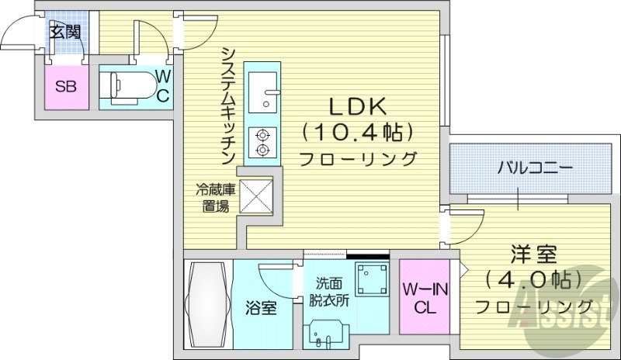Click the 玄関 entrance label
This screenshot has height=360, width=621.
(x=64, y=33)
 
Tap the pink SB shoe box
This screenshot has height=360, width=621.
(x=65, y=86)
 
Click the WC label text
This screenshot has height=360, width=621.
(x=164, y=85)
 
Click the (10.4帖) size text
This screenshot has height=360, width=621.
(x=354, y=132)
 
